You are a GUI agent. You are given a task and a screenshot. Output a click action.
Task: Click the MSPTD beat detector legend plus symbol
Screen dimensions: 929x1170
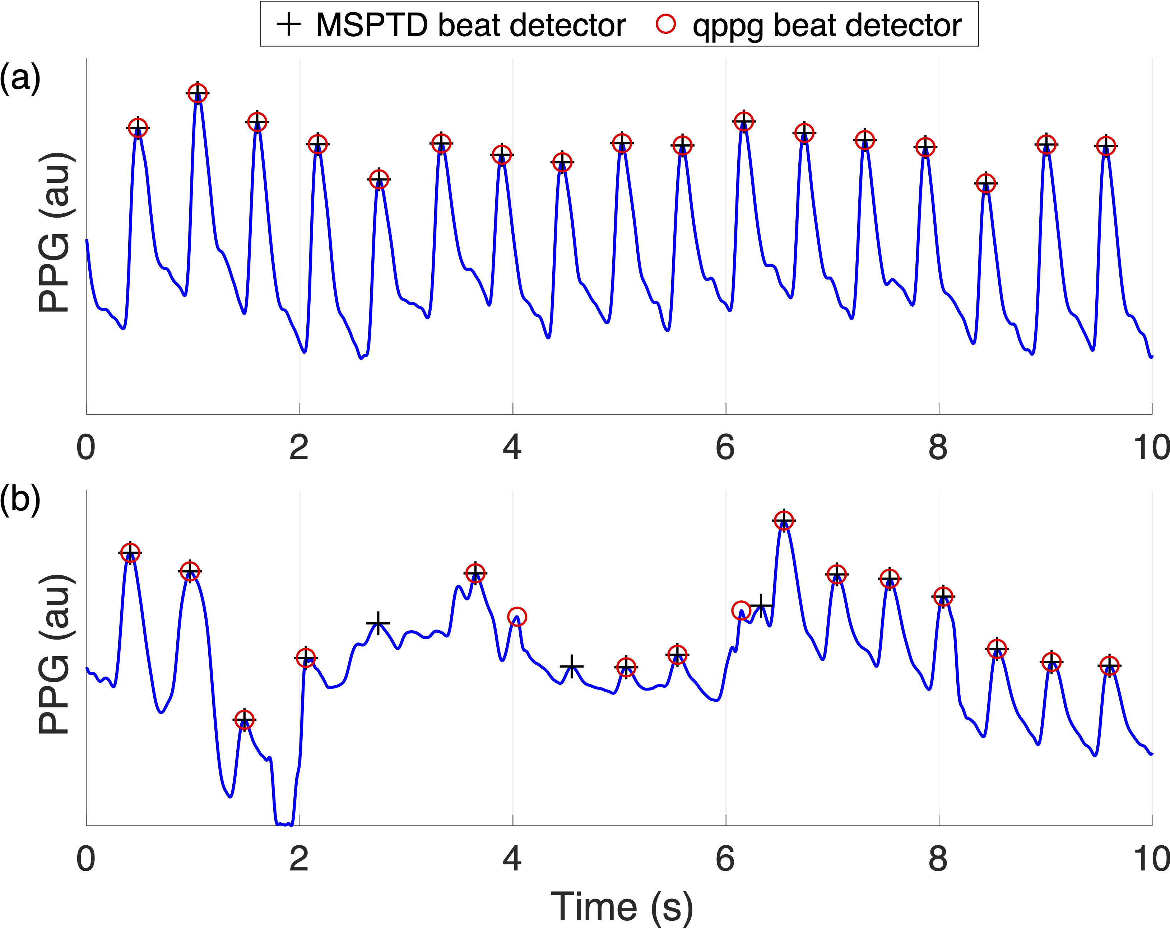pos(289,24)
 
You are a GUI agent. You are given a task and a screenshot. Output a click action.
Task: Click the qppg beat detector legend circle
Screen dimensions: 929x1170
pos(666,24)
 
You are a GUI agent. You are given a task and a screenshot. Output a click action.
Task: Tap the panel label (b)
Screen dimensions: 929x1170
pos(20,498)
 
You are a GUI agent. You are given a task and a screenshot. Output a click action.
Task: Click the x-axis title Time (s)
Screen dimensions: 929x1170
pos(622,907)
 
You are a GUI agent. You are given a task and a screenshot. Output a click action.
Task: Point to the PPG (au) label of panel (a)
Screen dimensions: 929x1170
pos(54,232)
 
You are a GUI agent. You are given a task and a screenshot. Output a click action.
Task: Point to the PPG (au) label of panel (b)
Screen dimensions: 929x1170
pos(54,654)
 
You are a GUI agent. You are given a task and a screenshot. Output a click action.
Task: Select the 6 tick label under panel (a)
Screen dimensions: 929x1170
pos(725,448)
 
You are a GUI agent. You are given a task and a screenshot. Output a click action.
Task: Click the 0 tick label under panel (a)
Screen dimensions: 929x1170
pos(86,448)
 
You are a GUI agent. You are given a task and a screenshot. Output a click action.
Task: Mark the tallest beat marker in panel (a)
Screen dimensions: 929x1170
pos(198,93)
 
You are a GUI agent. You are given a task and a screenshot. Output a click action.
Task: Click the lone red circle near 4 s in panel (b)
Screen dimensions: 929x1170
pos(517,617)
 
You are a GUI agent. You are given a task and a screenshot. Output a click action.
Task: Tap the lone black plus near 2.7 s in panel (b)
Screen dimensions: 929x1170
pos(378,623)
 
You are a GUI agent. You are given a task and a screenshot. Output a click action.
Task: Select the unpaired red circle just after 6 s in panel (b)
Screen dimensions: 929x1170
pos(741,610)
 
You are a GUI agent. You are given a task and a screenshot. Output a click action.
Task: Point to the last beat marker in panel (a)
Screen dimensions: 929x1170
pos(1105,146)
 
